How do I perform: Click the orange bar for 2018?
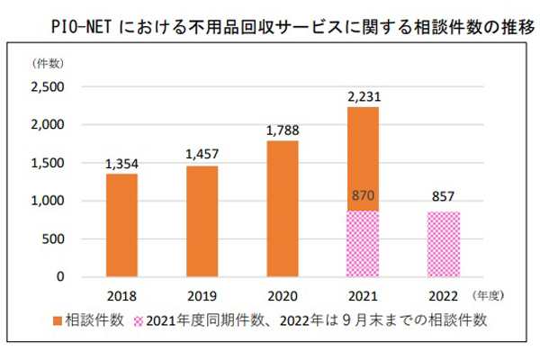click(121, 225)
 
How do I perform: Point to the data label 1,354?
click(121, 164)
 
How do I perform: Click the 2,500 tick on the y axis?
click(47, 87)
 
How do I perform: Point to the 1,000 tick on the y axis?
click(47, 202)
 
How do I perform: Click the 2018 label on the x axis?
click(121, 294)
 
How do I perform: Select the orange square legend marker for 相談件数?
click(60, 319)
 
